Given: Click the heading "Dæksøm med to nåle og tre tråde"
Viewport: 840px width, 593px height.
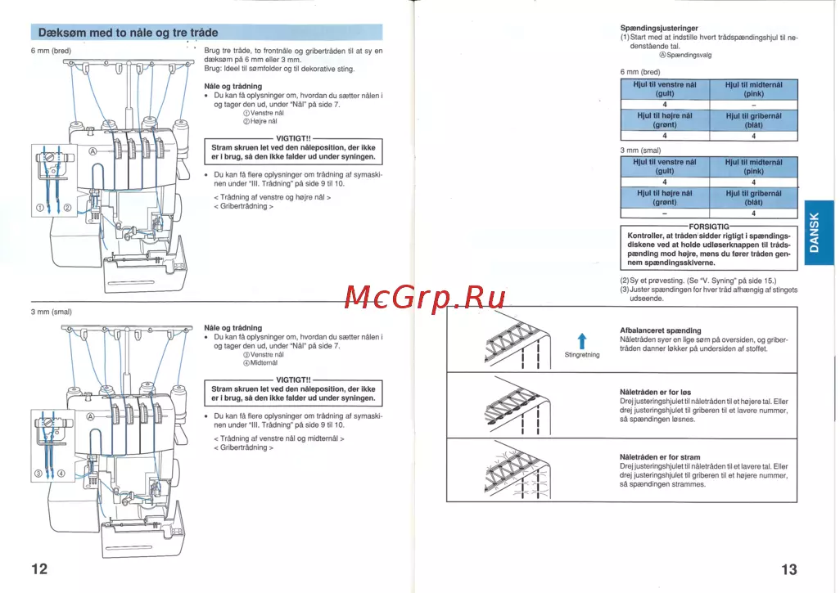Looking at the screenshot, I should click(129, 33).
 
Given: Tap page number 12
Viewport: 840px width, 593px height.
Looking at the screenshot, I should click(40, 569).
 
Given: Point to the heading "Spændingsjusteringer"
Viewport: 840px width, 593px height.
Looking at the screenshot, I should click(659, 29).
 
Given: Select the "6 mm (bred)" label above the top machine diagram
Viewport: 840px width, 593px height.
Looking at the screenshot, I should click(51, 51).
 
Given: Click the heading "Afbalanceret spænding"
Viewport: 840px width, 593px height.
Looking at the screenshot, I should click(660, 330).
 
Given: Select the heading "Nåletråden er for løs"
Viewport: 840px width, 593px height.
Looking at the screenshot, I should click(655, 392).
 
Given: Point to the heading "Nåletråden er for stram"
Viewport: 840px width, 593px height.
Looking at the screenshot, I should click(660, 456).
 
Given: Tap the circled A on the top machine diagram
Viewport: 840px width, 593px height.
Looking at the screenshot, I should click(93, 151).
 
